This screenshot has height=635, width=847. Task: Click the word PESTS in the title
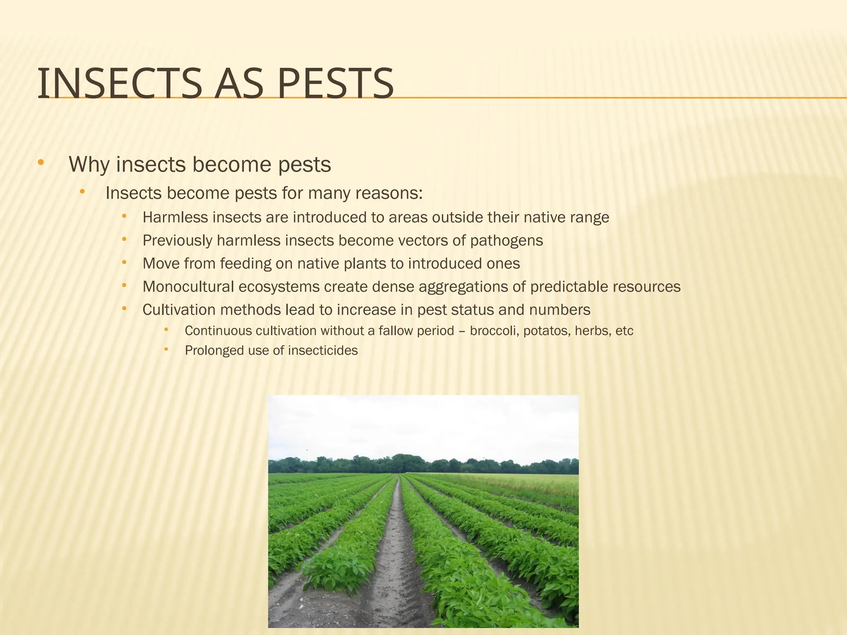(x=335, y=84)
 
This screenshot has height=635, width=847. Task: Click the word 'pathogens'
(x=506, y=241)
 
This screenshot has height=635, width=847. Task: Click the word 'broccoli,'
(x=495, y=331)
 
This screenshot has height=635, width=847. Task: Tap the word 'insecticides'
(x=323, y=351)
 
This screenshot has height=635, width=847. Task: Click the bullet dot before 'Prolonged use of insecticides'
(x=166, y=349)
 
